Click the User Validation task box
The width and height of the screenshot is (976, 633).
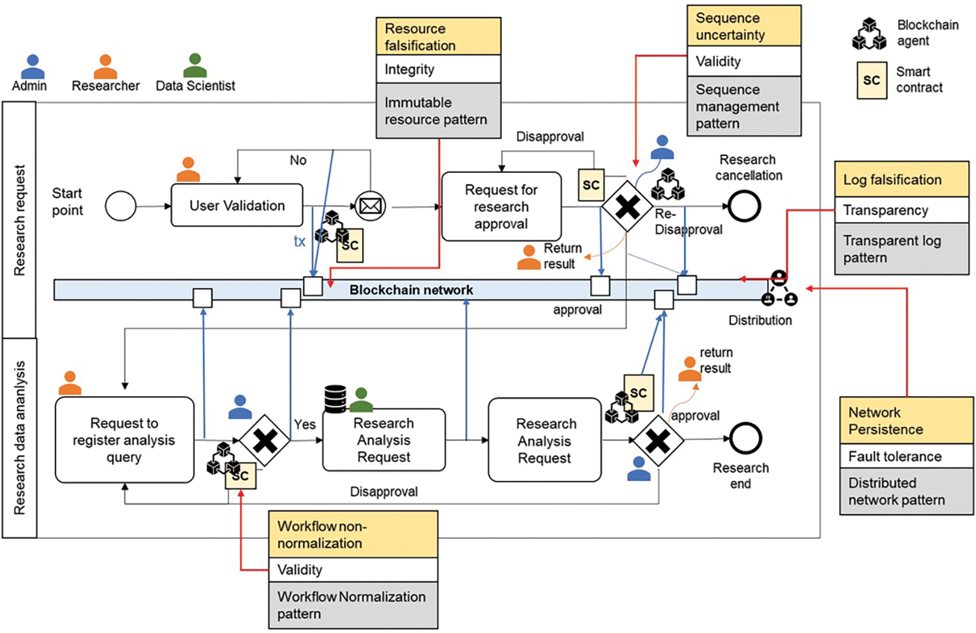237,205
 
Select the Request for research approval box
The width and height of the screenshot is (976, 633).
501,206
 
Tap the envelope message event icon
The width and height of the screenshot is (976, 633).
370,206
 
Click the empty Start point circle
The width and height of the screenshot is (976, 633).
121,206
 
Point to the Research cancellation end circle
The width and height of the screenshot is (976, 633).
744,206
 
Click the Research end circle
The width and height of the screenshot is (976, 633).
745,439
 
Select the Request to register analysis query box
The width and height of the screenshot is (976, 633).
124,440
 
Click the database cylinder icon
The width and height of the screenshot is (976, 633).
335,399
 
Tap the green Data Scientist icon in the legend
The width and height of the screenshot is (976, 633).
195,65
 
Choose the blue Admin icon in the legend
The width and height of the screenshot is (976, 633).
32,66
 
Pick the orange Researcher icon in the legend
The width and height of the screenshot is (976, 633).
105,66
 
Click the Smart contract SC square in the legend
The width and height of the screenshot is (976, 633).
872,80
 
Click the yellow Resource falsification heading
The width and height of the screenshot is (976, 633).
438,37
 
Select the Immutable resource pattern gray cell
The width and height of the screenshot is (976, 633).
438,111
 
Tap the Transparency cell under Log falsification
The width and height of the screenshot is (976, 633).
901,210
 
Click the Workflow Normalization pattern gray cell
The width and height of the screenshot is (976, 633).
353,605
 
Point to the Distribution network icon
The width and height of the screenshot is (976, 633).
779,289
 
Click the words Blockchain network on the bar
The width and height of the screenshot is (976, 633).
411,290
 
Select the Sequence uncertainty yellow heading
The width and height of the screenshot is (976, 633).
743,26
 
